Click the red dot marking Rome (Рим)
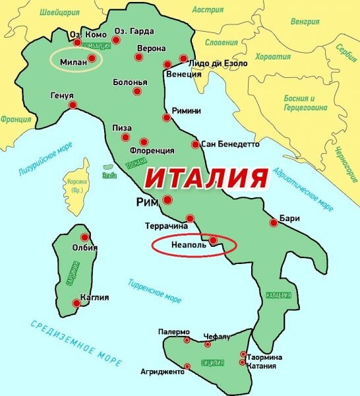coord(167,199)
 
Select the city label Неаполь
coord(189,244)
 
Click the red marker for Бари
coord(274,223)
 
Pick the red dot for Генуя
coord(73,105)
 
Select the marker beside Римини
coord(166,118)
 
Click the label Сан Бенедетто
coord(230,144)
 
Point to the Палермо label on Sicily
coord(174,331)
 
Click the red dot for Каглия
coord(77,303)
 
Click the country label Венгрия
coord(305,21)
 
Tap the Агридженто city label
coord(163,372)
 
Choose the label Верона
coord(151,48)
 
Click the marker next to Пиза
coord(125,137)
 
